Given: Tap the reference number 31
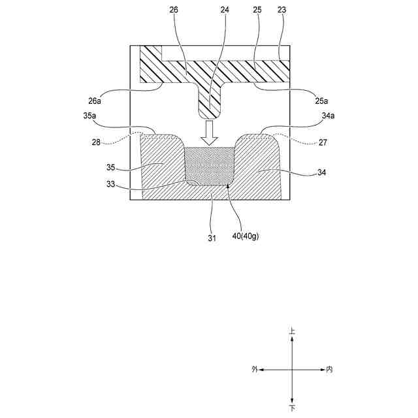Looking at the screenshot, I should tap(212, 238).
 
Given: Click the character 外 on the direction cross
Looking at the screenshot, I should tap(255, 370).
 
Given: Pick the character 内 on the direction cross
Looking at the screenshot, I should tap(329, 370).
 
